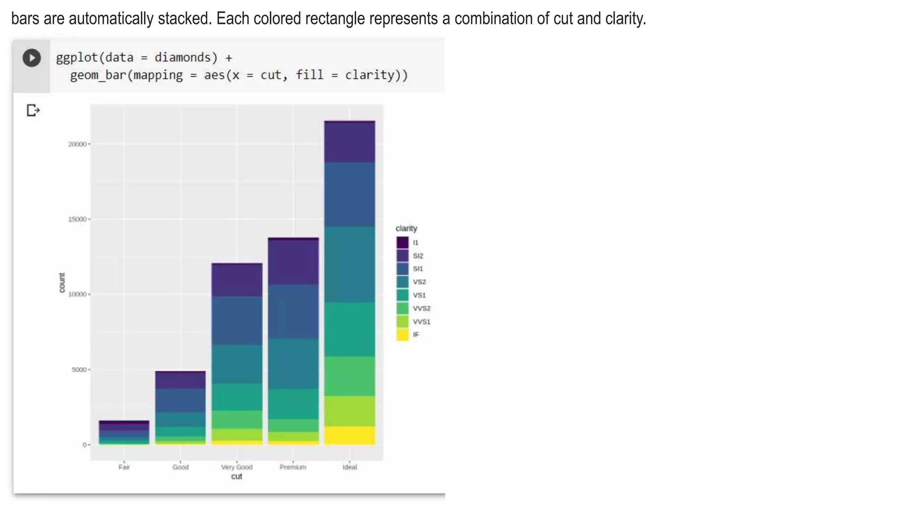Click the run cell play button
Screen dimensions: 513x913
(x=32, y=58)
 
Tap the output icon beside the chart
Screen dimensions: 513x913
(x=33, y=110)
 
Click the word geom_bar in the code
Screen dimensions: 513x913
(x=98, y=75)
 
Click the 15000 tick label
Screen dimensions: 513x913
(x=77, y=220)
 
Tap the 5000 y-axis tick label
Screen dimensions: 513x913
(x=79, y=370)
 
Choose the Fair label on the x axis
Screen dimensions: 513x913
(x=124, y=467)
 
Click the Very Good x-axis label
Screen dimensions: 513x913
(x=237, y=467)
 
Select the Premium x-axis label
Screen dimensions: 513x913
(x=293, y=467)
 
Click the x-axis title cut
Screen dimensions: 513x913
(x=237, y=476)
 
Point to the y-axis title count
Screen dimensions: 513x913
(x=62, y=283)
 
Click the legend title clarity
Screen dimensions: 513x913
(x=406, y=228)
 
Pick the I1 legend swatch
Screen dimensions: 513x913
(x=403, y=243)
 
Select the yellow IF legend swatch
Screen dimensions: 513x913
(x=403, y=335)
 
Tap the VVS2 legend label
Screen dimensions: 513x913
(x=421, y=308)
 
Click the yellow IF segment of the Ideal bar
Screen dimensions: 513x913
(x=350, y=435)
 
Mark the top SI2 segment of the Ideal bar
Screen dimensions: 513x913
(x=350, y=142)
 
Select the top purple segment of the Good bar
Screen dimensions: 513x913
(x=181, y=380)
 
